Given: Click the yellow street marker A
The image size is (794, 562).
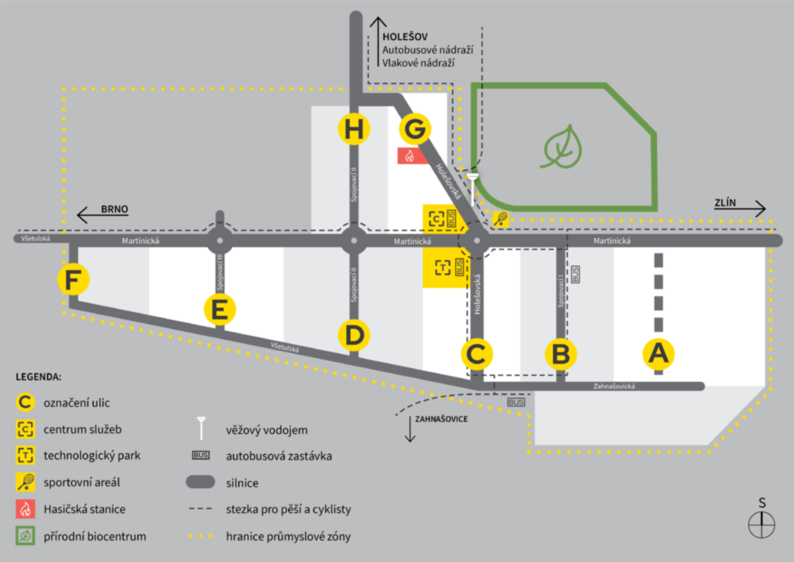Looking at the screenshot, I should pos(658,354).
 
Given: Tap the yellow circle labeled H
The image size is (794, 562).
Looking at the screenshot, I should pos(354,130).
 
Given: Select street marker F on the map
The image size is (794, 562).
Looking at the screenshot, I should pos(73,279).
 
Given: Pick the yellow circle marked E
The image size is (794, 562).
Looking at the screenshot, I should pos(219,310).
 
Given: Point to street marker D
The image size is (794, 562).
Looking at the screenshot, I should pos(354,335).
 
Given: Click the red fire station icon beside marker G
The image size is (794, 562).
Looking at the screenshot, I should pos(410,156).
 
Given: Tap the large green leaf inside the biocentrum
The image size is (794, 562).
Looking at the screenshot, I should pos(562,147).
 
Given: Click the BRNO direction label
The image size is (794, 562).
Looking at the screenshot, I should pos(114,209).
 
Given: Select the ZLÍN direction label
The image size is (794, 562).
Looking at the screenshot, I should pos(725,203).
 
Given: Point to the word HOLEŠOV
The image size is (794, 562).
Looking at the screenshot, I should pos(405,37).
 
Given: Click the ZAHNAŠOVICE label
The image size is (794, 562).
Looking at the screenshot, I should pos(441,419).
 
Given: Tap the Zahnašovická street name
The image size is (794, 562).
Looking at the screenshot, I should pos(614,386).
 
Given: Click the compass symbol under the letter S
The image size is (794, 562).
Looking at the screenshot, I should pos(761,525).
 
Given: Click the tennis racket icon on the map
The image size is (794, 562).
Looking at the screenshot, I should pos(500,219).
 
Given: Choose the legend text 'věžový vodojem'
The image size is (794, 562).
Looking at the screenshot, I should pos(266,430).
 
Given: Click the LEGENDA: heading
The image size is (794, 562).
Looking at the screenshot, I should pos(38,377).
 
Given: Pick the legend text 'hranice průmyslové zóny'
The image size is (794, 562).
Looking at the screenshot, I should pos(288,537).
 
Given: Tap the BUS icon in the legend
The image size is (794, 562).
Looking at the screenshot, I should pos(201,456).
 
